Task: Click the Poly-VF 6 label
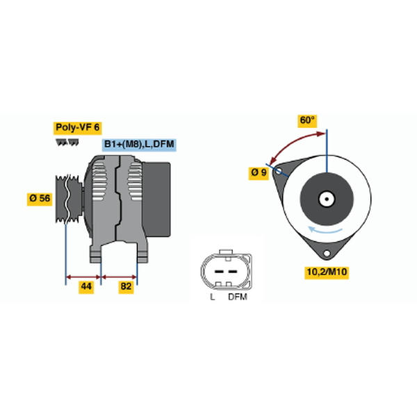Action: click(x=77, y=128)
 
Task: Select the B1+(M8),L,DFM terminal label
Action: click(x=139, y=145)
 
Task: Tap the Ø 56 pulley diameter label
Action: click(x=40, y=198)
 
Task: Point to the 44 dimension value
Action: click(x=86, y=286)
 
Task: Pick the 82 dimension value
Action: click(x=126, y=286)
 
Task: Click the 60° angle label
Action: click(x=307, y=120)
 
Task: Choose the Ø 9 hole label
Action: click(x=259, y=173)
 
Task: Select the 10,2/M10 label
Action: click(x=327, y=272)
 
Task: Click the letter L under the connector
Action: click(x=212, y=297)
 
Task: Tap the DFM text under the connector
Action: click(x=238, y=297)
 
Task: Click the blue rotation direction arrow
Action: click(x=325, y=229)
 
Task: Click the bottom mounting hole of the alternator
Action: click(x=327, y=253)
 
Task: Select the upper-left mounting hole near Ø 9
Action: click(x=278, y=171)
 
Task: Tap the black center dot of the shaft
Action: click(x=327, y=199)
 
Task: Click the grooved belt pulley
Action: click(x=69, y=199)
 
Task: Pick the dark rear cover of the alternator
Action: click(x=156, y=199)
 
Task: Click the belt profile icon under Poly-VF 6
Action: click(x=67, y=142)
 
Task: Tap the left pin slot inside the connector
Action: click(x=219, y=272)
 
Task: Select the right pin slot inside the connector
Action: click(x=233, y=272)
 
